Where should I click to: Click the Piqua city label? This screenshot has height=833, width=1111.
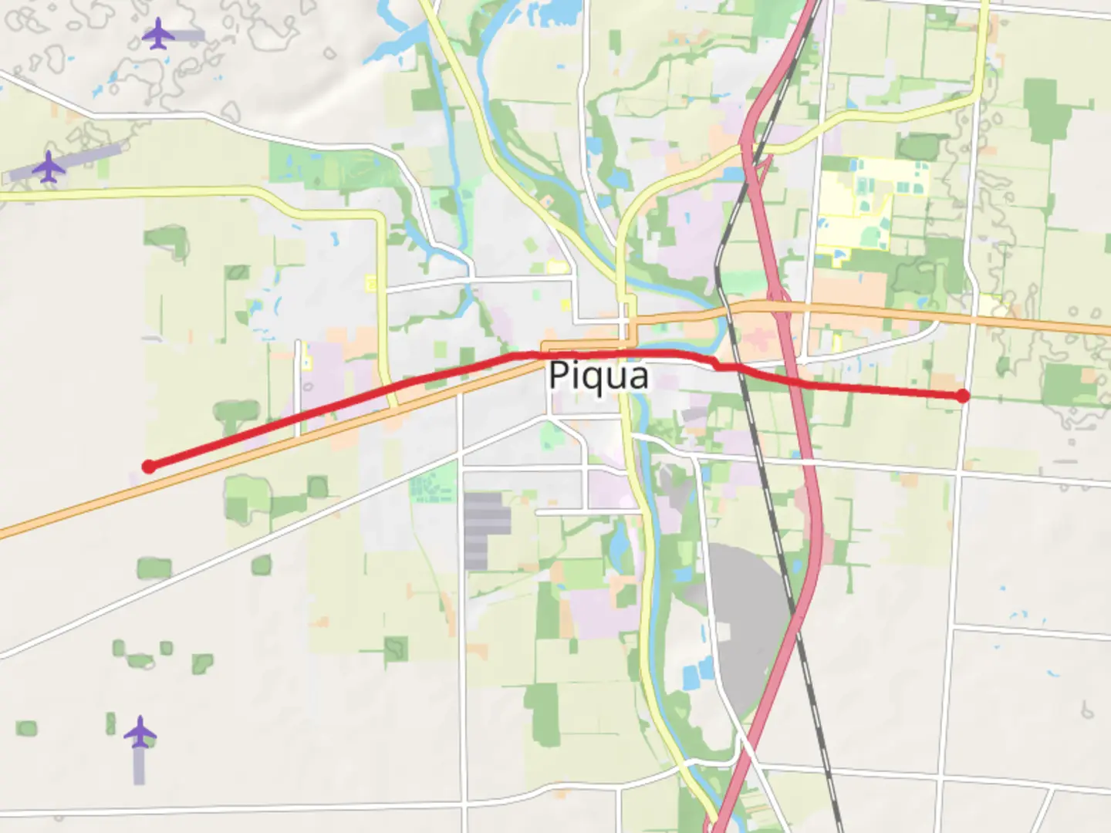[x=598, y=376]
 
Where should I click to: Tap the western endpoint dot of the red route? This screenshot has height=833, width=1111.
[x=149, y=467]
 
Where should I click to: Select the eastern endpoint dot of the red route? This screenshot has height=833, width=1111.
[x=962, y=396]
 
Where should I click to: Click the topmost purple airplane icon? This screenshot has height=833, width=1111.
[x=158, y=34]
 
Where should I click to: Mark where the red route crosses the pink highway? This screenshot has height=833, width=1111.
[x=795, y=381]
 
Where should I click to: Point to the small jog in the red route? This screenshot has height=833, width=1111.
[x=718, y=364]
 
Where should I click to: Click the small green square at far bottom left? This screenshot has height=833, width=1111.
[x=26, y=728]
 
